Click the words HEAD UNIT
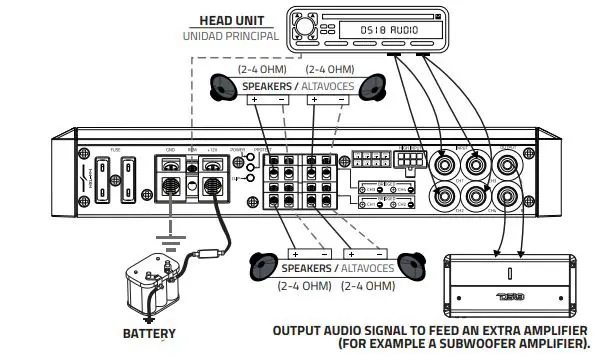232,18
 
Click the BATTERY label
149,333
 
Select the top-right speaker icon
374,88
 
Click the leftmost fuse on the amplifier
100,181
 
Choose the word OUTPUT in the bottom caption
299,329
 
